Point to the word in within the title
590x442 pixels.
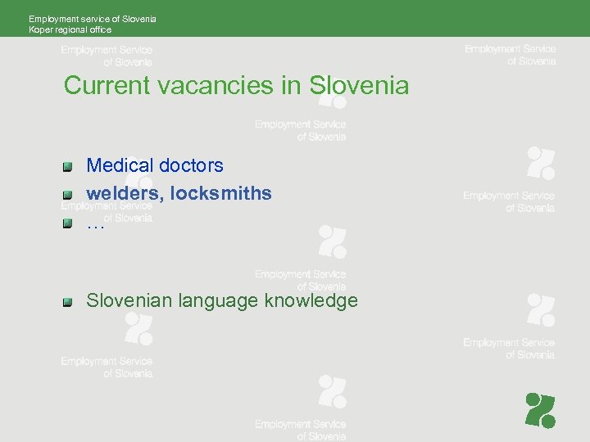pos(292,85)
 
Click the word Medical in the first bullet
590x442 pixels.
pos(120,165)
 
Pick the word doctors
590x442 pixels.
pos(191,165)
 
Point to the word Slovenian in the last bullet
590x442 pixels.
pos(130,300)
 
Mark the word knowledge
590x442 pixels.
pos(311,301)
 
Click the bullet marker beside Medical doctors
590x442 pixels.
pos(69,166)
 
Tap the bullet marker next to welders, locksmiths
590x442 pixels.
pos(69,195)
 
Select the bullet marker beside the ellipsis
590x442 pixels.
pos(69,223)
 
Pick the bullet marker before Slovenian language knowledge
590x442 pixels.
pos(69,301)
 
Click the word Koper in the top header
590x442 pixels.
pos(39,29)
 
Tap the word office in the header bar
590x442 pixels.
pos(99,29)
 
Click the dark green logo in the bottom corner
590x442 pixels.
pos(540,410)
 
